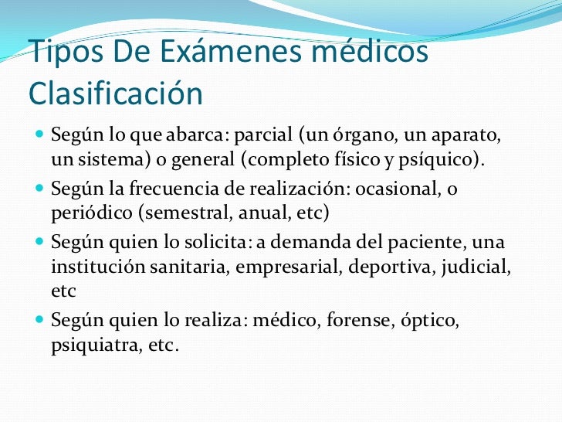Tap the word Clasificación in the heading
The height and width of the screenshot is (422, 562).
[115, 94]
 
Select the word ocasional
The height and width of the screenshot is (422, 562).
[403, 189]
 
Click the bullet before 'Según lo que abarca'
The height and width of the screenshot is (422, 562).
[39, 138]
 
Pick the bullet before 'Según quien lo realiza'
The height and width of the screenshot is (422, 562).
[39, 319]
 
